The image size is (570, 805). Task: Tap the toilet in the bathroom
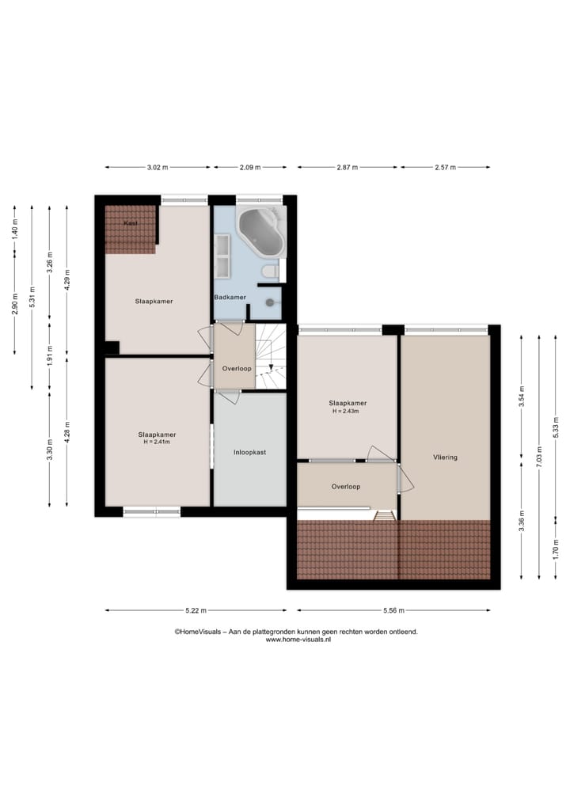coord(269,271)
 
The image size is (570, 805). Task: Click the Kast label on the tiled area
coord(131,223)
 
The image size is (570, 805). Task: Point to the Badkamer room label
coord(230,298)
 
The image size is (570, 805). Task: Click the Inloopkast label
coord(249,453)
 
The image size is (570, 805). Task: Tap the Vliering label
coord(445,457)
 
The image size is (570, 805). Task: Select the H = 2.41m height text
coord(157,442)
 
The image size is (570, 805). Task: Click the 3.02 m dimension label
coord(158,168)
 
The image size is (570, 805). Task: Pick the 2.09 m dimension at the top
coord(250,168)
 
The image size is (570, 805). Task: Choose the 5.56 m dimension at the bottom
coord(393,610)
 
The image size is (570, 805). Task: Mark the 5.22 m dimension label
coord(196,610)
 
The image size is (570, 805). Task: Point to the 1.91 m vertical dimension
coord(49,354)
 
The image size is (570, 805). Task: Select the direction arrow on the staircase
coord(271,367)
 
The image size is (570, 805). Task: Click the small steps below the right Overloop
coord(384,515)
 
